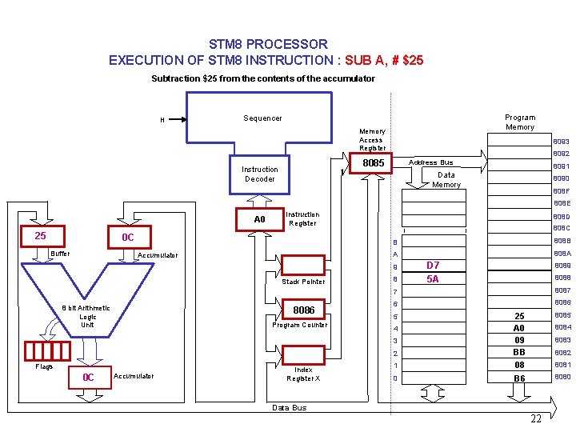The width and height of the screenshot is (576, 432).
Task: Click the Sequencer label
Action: point(262,118)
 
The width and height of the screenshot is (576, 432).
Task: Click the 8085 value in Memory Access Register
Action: point(373,163)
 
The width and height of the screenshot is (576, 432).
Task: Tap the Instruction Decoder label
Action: point(259,174)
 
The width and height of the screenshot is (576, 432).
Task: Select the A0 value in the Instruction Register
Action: point(259,219)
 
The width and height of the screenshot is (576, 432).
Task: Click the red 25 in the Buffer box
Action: point(40,236)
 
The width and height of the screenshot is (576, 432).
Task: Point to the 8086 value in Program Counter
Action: point(304,310)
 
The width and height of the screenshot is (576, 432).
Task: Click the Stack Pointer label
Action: point(303,282)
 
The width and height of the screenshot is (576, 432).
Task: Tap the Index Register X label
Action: point(303,374)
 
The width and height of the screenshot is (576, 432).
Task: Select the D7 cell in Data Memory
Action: point(433,266)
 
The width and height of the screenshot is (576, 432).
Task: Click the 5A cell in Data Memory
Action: point(433,279)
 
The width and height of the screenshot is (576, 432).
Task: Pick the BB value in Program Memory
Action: point(519,352)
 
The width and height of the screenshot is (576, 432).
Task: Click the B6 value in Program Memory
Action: point(519,378)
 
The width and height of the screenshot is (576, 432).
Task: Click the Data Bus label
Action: point(289,408)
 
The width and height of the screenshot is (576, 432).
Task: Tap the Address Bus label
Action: point(430,162)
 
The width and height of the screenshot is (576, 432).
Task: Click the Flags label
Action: point(44,367)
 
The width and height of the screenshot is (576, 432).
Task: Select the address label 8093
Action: point(561,142)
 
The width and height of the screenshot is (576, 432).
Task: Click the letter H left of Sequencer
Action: point(162,121)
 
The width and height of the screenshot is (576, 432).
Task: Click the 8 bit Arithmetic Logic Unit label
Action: point(87,316)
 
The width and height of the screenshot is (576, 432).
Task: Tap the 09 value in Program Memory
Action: point(519,340)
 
